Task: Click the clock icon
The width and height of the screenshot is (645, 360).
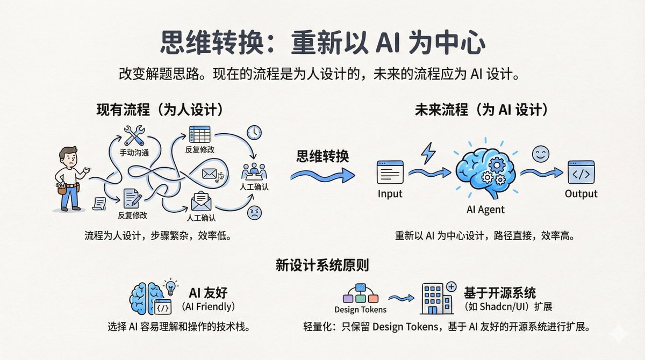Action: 254,133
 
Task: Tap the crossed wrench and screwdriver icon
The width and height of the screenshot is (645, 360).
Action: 134,135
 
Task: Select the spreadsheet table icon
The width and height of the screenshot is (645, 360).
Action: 199,134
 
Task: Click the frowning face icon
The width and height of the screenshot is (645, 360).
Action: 255,213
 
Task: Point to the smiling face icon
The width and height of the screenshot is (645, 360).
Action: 541,154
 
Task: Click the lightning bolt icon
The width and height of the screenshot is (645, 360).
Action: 428,153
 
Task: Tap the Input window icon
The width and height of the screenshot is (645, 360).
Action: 390,172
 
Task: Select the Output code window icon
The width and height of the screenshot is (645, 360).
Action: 581,172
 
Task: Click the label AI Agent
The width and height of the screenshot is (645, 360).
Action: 485,210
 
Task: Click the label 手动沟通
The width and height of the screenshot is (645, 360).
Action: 134,153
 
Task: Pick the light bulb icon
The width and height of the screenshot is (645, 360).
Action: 171,287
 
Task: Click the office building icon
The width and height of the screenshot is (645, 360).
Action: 438,298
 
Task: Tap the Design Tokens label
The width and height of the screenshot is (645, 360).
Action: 361,309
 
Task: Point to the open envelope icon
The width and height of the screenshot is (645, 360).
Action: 201,201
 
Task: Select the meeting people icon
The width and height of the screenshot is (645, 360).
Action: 254,171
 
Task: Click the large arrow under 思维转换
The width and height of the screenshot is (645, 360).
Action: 322,175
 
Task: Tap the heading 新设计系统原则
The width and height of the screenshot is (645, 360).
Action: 322,265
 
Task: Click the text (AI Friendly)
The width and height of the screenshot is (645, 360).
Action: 208,307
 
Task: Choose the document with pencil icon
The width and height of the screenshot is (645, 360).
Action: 132,199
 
